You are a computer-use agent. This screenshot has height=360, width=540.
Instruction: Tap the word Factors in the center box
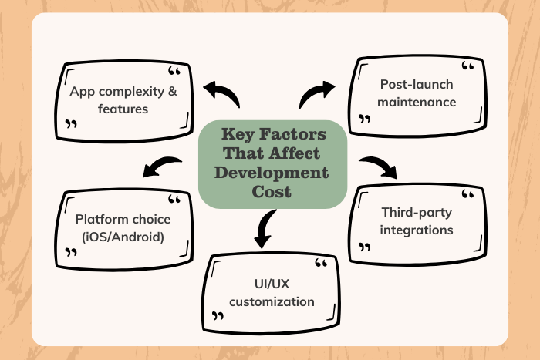click(293, 135)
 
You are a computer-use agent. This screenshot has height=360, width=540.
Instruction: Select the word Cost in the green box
click(272, 191)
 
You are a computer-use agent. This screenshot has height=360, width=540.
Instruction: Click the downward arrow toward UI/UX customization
click(263, 227)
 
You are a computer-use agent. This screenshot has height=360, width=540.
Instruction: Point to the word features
click(123, 109)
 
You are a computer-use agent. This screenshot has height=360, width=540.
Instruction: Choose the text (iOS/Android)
click(123, 237)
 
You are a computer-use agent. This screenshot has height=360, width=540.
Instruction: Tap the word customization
click(272, 301)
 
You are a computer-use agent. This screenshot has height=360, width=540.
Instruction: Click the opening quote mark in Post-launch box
click(468, 66)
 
